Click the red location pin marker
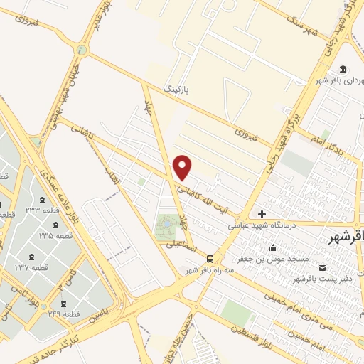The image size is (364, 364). [x=183, y=168]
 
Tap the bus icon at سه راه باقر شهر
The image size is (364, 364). [x=209, y=259]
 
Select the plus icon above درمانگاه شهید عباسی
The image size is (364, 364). [x=262, y=214]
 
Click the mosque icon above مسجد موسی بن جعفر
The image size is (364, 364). [x=273, y=248]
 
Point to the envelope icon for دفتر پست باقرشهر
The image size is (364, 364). [x=323, y=267]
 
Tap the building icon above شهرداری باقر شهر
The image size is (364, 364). [x=343, y=69]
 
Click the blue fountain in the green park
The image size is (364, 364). [x=166, y=223]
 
